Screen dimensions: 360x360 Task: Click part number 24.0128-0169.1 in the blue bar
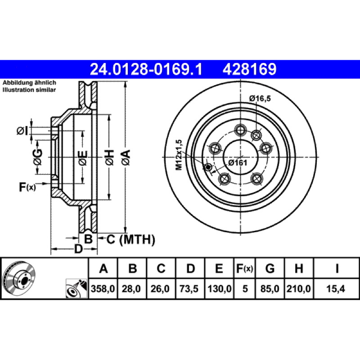click(146, 69)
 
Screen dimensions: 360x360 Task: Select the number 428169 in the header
click(249, 69)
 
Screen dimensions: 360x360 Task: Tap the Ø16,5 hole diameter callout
click(260, 99)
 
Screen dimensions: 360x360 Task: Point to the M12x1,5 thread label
click(179, 155)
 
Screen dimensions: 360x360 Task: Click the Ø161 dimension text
click(238, 163)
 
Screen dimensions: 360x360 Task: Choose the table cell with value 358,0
click(103, 288)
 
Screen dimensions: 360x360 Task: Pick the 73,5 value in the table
click(189, 288)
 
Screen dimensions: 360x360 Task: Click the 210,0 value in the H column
click(299, 288)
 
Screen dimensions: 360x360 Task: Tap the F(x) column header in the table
click(244, 268)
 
